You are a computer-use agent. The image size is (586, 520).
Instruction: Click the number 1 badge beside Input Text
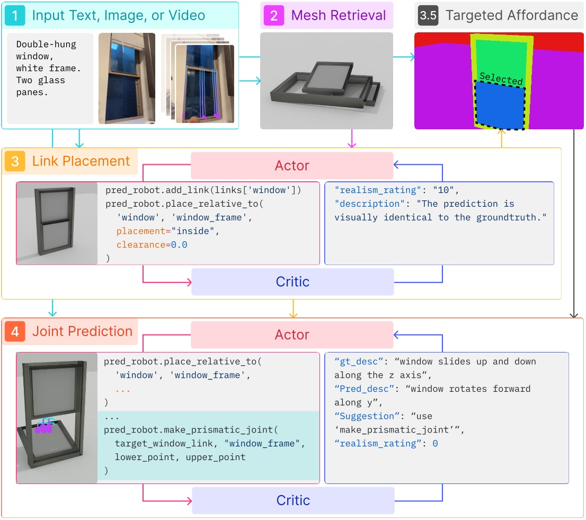click(x=15, y=15)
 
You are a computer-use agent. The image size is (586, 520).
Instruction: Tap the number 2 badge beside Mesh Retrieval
click(x=274, y=15)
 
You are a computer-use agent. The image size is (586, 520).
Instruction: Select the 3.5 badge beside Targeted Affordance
click(x=428, y=15)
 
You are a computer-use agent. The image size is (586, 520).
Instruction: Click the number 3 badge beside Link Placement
click(x=15, y=161)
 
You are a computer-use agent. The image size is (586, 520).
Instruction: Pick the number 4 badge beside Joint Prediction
click(x=15, y=332)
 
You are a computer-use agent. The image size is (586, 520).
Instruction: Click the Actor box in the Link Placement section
click(x=292, y=166)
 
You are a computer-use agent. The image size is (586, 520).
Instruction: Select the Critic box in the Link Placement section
click(x=292, y=282)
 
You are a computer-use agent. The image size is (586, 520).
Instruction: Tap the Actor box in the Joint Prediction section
click(x=292, y=335)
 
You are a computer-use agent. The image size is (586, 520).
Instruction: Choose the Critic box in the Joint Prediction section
click(x=293, y=500)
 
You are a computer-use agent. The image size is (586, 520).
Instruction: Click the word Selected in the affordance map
click(x=501, y=79)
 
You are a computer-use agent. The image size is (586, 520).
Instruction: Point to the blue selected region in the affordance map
click(x=499, y=106)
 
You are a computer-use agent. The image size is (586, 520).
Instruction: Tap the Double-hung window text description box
click(x=50, y=78)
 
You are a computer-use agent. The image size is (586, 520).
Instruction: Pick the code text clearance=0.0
click(x=152, y=245)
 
